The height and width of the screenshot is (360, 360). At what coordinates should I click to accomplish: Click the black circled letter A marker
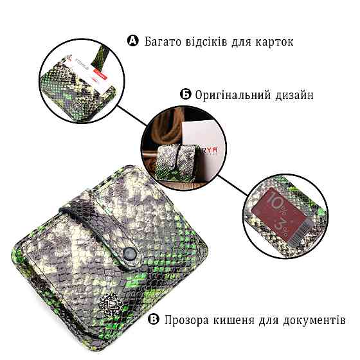133,42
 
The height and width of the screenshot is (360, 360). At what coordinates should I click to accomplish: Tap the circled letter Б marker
185,95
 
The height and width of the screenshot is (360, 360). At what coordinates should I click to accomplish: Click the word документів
311,320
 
